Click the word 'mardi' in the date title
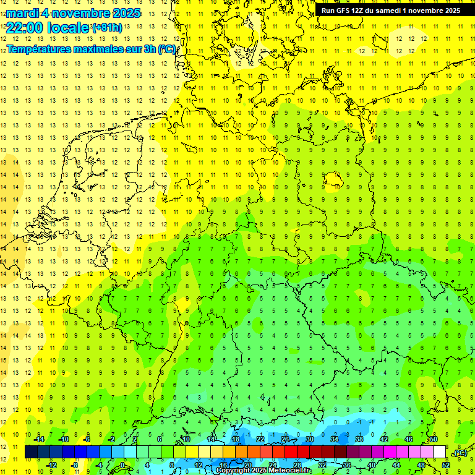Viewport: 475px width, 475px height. [24, 13]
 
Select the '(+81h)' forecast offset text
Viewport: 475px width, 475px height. [107, 28]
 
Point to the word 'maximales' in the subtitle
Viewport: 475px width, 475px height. [103, 49]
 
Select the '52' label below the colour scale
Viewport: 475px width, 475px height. [446, 464]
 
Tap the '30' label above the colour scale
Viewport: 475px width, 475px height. [309, 439]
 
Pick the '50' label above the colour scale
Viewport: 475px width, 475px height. [433, 439]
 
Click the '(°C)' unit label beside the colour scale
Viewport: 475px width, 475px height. [460, 453]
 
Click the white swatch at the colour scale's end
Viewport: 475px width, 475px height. [439, 452]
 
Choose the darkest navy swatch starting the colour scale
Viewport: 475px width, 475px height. [31, 452]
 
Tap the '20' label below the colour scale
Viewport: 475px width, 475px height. [247, 464]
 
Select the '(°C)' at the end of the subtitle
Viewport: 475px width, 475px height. [166, 49]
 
